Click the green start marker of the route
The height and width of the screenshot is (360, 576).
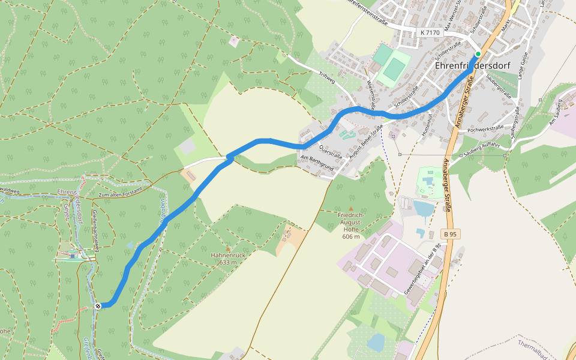click(x=478, y=54)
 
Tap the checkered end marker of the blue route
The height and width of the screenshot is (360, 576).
click(x=98, y=306)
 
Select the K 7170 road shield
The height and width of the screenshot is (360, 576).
click(x=430, y=32)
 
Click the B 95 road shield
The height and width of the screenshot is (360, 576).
click(x=451, y=233)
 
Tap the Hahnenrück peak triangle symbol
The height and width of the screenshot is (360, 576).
click(x=228, y=248)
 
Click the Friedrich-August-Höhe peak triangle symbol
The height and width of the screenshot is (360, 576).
click(x=351, y=209)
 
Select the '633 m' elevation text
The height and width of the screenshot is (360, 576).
click(x=229, y=262)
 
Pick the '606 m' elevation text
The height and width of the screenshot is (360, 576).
click(x=351, y=236)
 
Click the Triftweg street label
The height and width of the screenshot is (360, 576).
click(x=327, y=79)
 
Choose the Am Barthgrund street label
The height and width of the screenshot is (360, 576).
click(x=316, y=164)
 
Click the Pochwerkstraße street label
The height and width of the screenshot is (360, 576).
click(x=485, y=128)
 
